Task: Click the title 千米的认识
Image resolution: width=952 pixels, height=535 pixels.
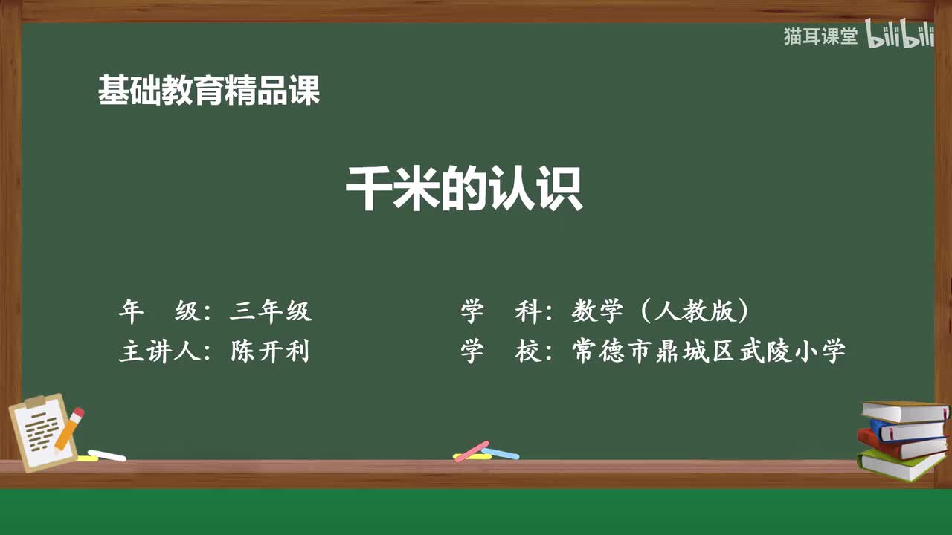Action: coord(463,190)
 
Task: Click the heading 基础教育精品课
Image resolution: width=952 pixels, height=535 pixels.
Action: coord(209,91)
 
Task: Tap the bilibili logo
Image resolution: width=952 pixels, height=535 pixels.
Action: coord(900,36)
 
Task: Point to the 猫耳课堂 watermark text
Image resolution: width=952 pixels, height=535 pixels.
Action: coord(820,36)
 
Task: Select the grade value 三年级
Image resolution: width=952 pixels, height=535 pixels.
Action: coord(271,311)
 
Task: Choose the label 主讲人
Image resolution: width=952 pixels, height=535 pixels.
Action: coord(159,351)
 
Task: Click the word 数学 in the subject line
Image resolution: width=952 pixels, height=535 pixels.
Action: coord(597,311)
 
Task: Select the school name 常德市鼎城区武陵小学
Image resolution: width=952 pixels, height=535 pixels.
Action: coord(709,351)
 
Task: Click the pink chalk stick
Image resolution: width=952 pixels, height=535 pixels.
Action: coord(472,451)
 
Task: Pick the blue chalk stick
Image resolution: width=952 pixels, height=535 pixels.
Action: coord(501,453)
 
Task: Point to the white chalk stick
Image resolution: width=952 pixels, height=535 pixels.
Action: coord(107,455)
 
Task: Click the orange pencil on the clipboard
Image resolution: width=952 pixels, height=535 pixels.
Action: coord(68,430)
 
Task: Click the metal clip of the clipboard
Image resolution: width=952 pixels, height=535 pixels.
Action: coord(36,402)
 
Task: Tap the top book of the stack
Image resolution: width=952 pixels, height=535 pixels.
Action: coord(904,411)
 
